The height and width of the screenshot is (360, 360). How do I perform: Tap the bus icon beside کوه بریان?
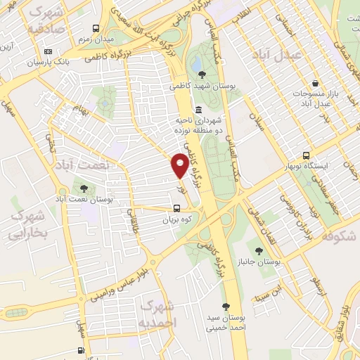click(176, 208)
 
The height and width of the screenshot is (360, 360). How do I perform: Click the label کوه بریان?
click(176, 219)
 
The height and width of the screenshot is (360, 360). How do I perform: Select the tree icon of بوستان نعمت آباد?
click(84, 188)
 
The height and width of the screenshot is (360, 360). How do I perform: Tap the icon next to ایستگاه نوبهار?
click(306, 155)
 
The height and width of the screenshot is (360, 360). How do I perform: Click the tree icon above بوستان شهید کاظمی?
click(202, 75)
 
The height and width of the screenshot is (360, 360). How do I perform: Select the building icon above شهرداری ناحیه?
click(199, 110)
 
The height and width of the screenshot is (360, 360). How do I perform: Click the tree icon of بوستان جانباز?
click(259, 250)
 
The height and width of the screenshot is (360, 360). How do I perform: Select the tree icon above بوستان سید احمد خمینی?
click(226, 306)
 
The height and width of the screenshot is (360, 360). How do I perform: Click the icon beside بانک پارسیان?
click(47, 51)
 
